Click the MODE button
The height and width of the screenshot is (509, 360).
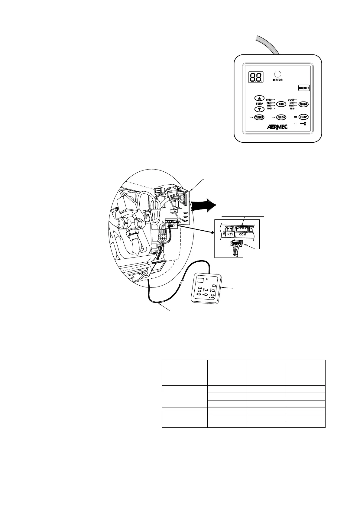(x=303, y=104)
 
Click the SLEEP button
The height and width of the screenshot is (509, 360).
(x=303, y=117)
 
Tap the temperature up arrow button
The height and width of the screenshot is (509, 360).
(x=259, y=98)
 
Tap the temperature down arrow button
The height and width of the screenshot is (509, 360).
(x=259, y=109)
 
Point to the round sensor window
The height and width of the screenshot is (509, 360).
(x=277, y=74)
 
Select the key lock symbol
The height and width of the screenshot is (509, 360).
(x=303, y=124)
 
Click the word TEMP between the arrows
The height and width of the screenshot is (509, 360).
(x=259, y=104)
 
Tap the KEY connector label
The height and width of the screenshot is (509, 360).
(x=230, y=234)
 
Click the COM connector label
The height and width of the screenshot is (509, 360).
(x=242, y=234)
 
